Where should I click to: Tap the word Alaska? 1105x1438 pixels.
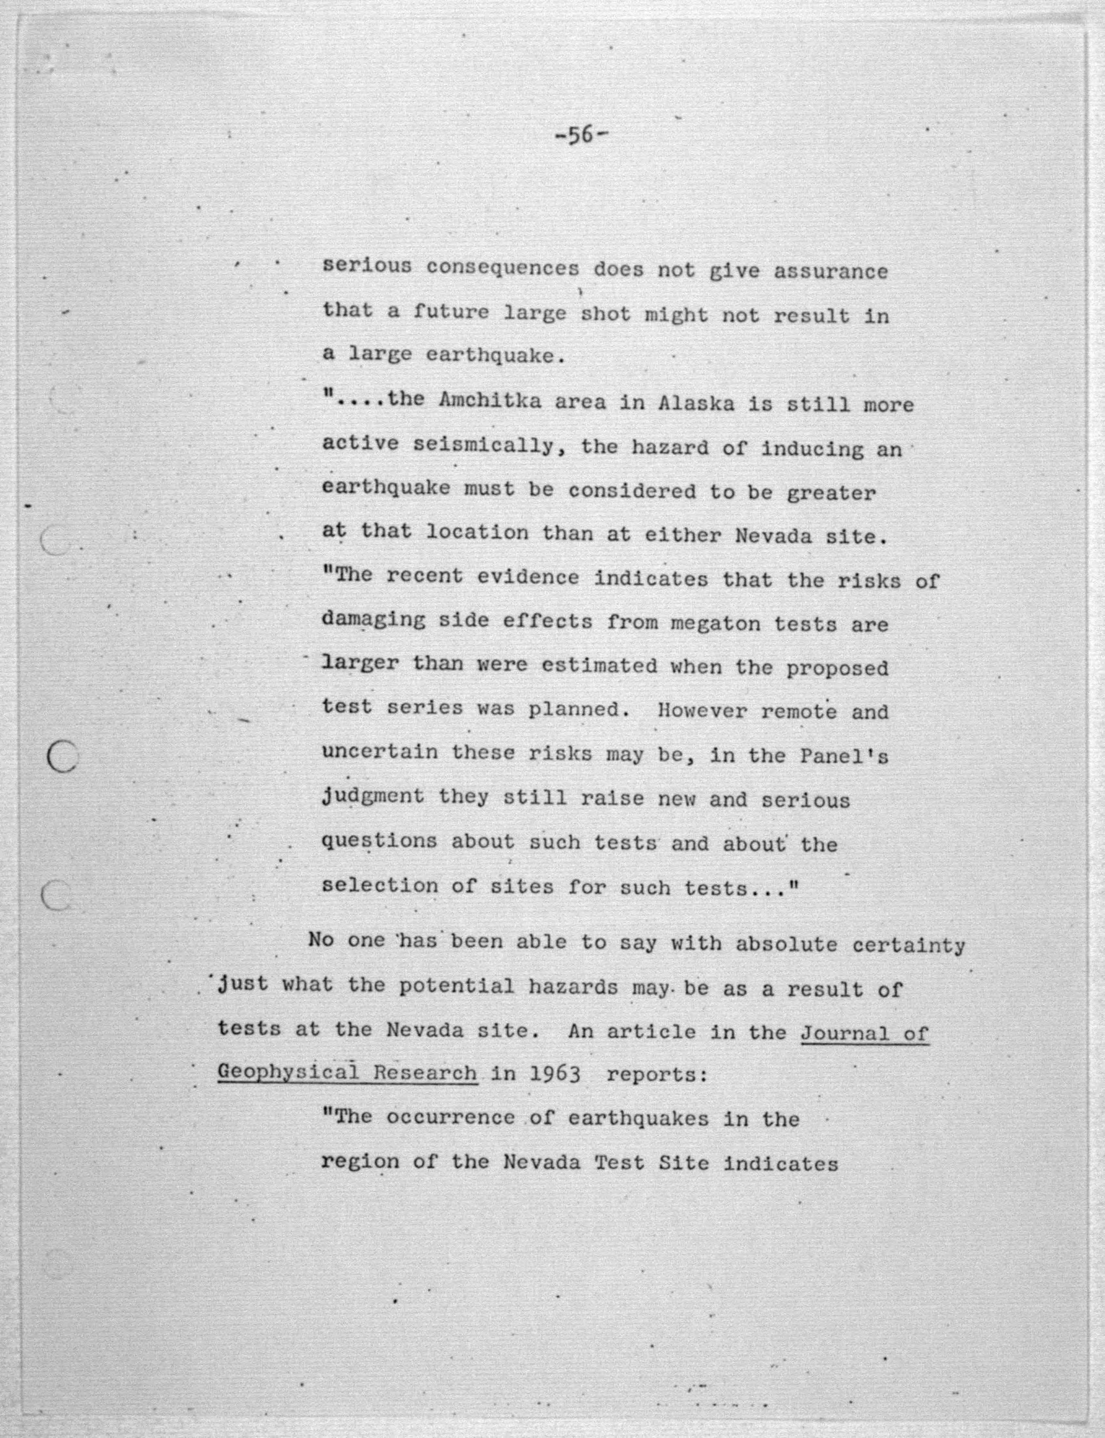pyautogui.click(x=696, y=403)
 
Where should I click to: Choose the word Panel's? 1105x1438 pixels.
pyautogui.click(x=844, y=756)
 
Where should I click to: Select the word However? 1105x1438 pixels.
pyautogui.click(x=702, y=711)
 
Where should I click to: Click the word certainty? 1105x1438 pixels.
pyautogui.click(x=908, y=945)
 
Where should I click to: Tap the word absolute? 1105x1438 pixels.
pyautogui.click(x=787, y=944)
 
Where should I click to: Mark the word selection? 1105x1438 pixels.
pyautogui.click(x=379, y=886)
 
